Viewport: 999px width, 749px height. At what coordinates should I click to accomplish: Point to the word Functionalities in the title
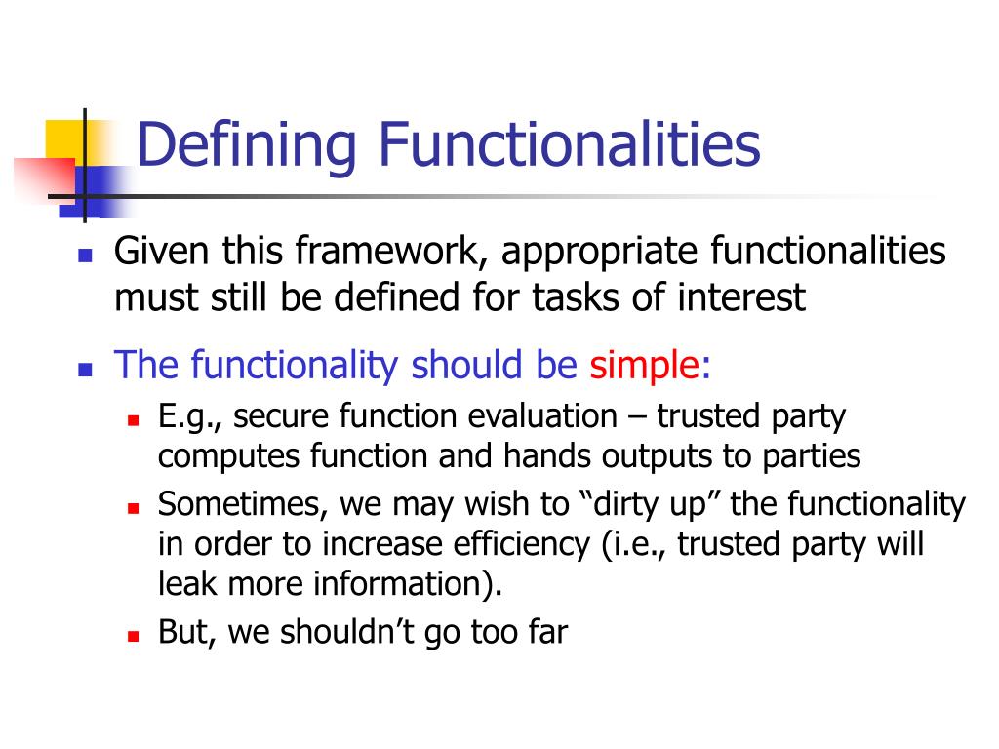pos(571,145)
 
